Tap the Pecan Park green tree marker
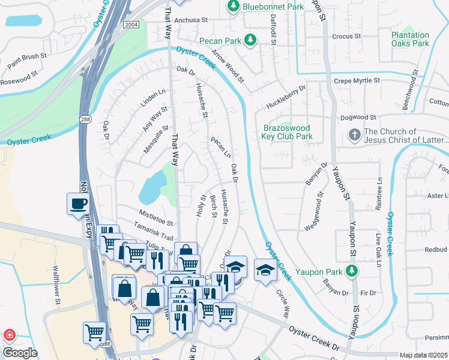click(252, 41)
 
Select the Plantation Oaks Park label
click(410, 40)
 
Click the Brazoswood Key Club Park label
click(288, 132)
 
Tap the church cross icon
click(355, 136)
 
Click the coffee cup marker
click(78, 204)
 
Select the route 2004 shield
click(131, 25)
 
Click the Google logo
click(20, 353)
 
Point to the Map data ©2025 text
click(423, 355)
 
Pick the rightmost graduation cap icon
click(265, 268)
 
